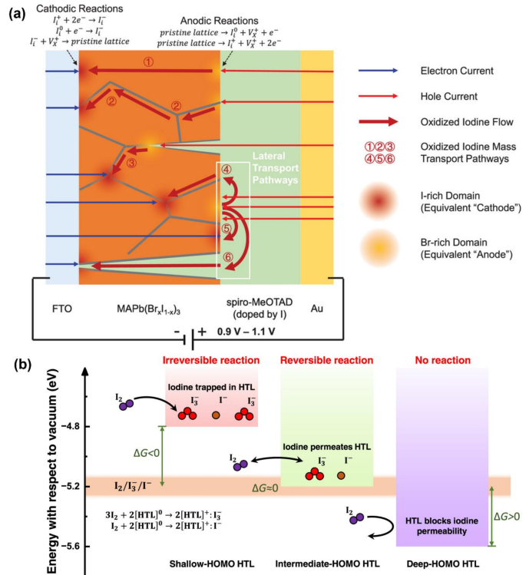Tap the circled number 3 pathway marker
[x=131, y=163]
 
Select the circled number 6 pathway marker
[x=227, y=256]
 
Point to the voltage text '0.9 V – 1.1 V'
[x=253, y=332]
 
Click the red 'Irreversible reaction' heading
[x=211, y=360]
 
